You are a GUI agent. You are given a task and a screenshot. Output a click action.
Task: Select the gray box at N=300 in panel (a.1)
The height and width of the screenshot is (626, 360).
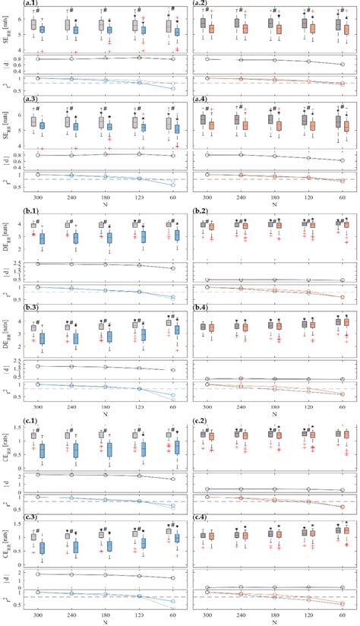[x=33, y=25]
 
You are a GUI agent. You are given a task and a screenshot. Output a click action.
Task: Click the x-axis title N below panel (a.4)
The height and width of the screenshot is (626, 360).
[x=275, y=204]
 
